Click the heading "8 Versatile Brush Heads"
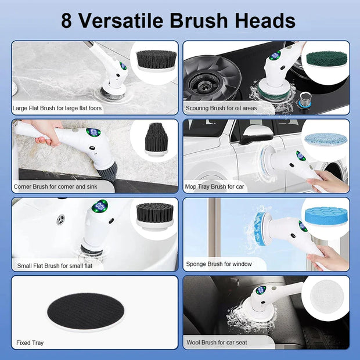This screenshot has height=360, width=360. pyautogui.click(x=179, y=20)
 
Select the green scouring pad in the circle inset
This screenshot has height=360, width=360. pyautogui.click(x=327, y=59)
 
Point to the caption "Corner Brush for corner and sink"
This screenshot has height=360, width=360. pyautogui.click(x=55, y=186)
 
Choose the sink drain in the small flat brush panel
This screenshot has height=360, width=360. pyautogui.click(x=60, y=219)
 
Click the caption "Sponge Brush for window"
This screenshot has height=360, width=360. pyautogui.click(x=218, y=264)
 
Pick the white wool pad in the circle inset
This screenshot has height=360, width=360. pyautogui.click(x=326, y=297)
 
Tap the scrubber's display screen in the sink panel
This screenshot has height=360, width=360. pyautogui.click(x=101, y=206)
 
